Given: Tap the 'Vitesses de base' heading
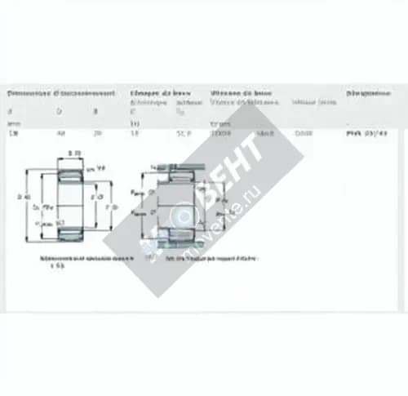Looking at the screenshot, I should [x=242, y=93].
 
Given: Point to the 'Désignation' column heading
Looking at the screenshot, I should [x=367, y=93].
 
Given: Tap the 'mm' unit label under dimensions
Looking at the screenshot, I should [x=11, y=122].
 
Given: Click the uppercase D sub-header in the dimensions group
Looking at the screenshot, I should [x=58, y=112].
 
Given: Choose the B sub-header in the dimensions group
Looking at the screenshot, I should [x=95, y=112].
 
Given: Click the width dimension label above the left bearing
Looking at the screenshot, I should [x=74, y=153].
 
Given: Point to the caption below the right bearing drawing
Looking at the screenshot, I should [x=211, y=258].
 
